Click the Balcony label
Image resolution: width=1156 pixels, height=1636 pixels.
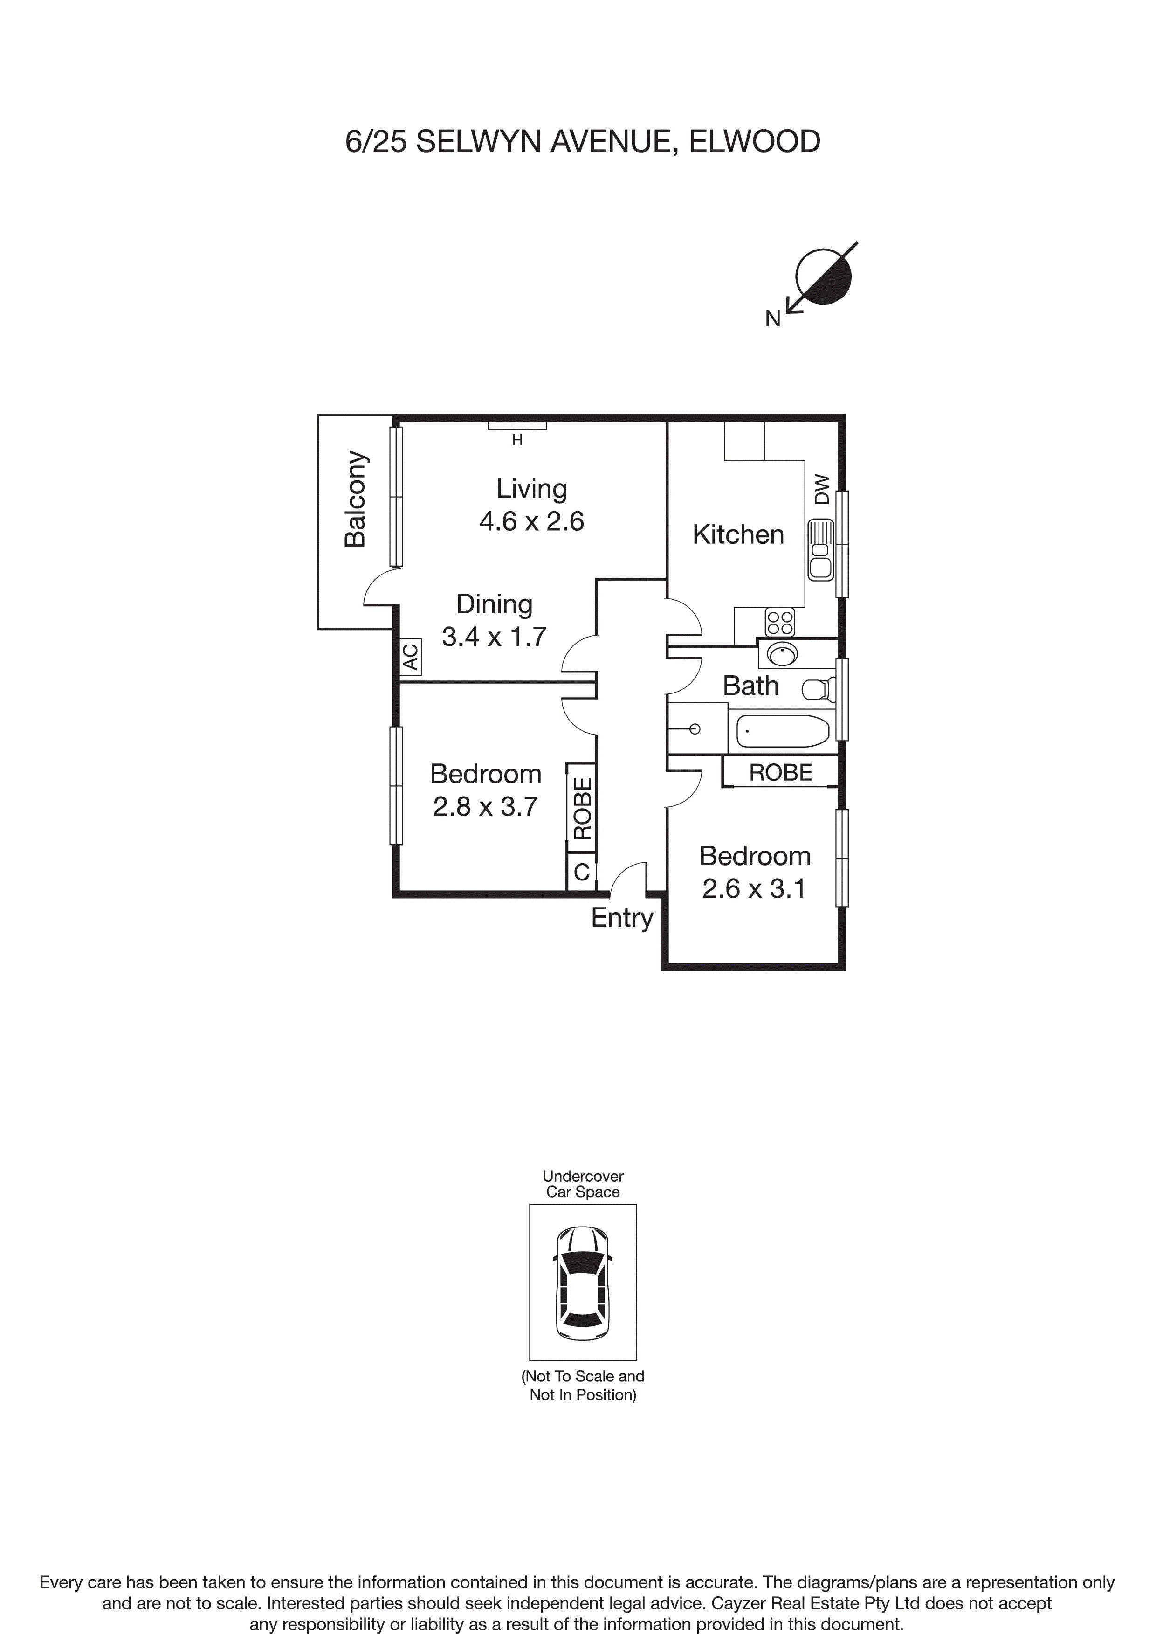pos(355,499)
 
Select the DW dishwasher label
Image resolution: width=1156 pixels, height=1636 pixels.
pos(822,490)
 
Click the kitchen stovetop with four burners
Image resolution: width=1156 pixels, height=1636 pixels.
pos(780,622)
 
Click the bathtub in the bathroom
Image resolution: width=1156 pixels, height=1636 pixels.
pos(783,731)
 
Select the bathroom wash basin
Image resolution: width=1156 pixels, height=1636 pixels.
pos(783,653)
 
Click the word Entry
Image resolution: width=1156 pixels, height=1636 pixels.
pos(622,918)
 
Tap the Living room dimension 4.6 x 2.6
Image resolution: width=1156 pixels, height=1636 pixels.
pos(531,521)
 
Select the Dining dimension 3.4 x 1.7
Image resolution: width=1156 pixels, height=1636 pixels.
pos(494,636)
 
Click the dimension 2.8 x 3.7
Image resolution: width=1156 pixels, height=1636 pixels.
pos(485,807)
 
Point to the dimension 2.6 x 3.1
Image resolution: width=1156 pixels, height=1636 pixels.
pos(754,888)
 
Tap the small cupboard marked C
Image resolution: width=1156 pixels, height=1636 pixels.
pos(581,872)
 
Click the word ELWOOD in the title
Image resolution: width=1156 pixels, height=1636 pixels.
pos(754,142)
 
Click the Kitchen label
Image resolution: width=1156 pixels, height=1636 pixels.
pos(738,534)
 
